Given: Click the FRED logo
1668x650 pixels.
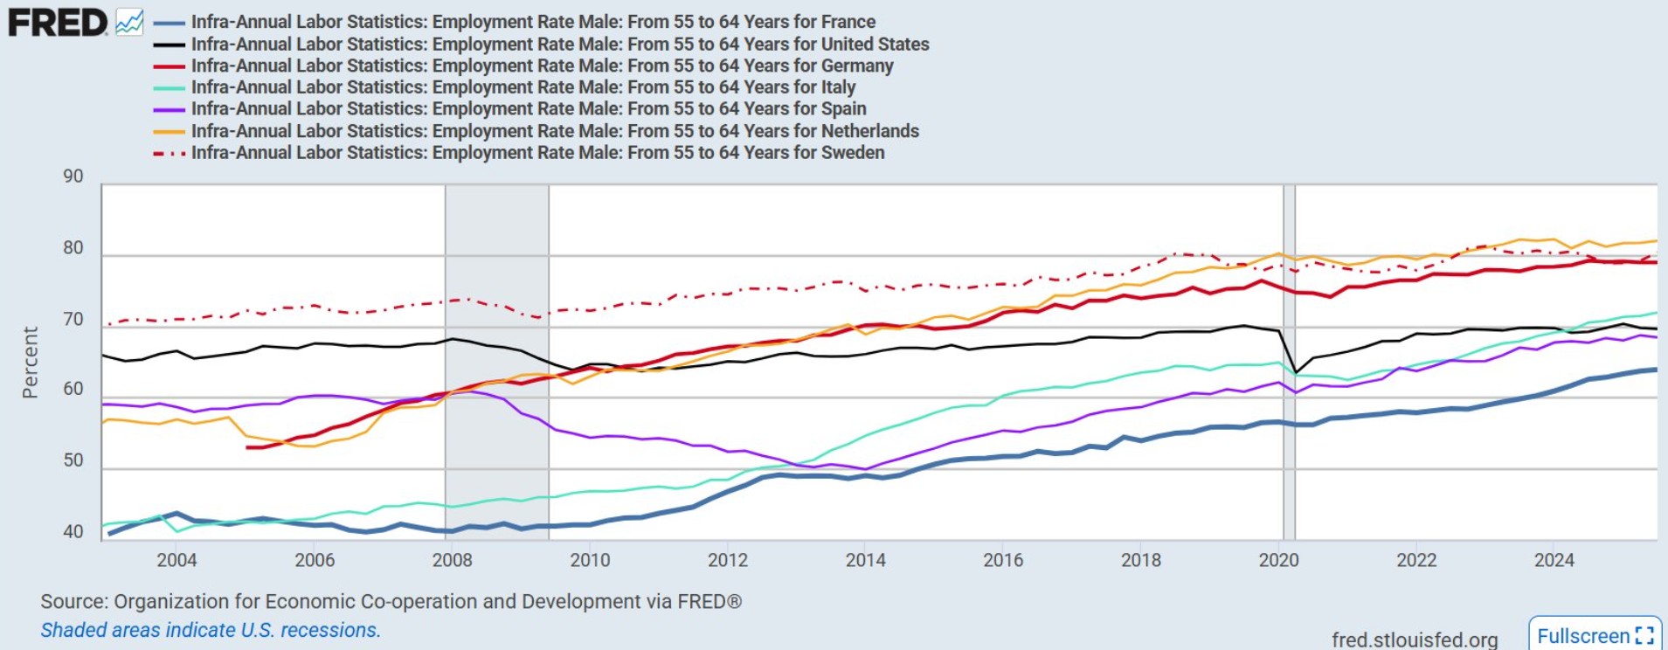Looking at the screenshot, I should (x=58, y=23).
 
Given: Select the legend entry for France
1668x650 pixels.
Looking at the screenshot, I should (x=533, y=22).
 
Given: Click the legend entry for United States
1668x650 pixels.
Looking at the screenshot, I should (x=559, y=44).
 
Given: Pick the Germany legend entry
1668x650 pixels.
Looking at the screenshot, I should (x=542, y=66).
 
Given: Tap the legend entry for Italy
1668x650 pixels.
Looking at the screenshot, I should (x=523, y=87).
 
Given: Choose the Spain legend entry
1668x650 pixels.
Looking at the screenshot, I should (x=529, y=109).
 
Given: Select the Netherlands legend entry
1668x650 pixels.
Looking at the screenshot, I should (x=555, y=131).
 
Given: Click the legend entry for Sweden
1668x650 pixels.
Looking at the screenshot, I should (x=537, y=153).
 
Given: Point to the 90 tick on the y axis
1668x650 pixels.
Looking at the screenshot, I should (x=73, y=176).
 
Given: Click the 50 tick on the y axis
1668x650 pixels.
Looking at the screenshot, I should (x=73, y=460).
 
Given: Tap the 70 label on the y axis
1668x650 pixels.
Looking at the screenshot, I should (x=73, y=320).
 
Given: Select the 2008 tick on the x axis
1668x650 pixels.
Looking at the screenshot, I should (x=452, y=560).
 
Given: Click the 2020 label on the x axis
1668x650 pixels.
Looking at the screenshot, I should (x=1278, y=560).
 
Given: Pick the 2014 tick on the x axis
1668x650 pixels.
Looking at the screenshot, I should (x=865, y=560).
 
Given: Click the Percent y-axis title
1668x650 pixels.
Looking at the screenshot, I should (x=31, y=363).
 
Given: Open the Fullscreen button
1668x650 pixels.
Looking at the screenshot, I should (x=1595, y=635).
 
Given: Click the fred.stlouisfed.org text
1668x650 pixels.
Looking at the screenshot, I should (x=1414, y=640).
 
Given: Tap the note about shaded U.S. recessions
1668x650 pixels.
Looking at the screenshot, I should (x=211, y=630).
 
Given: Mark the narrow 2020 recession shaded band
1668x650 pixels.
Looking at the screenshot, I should (x=1289, y=363).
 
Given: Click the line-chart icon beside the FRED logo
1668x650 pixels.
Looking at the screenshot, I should (x=129, y=23).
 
